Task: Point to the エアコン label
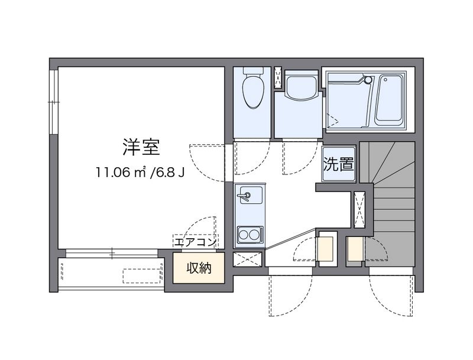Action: (196, 242)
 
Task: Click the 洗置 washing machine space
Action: (338, 164)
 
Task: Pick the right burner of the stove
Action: (255, 235)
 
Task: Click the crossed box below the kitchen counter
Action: (248, 259)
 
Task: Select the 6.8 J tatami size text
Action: (171, 173)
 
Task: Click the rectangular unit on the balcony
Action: (142, 274)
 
